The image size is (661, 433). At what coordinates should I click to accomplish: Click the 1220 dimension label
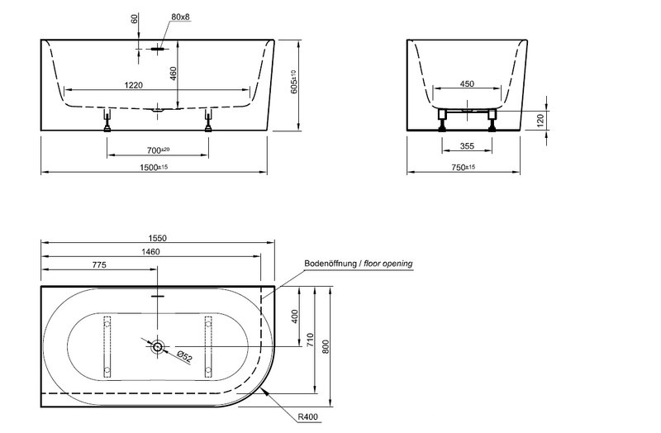(x=133, y=85)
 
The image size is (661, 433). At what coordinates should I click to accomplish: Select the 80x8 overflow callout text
(x=180, y=17)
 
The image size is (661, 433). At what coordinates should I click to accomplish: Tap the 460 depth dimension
(x=173, y=74)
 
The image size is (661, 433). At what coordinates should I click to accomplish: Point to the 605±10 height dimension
(x=295, y=81)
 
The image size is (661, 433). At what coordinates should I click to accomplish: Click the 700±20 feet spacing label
(x=158, y=150)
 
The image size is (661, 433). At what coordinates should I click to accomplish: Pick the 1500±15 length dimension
(x=154, y=168)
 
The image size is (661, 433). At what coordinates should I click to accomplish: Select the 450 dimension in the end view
(x=467, y=84)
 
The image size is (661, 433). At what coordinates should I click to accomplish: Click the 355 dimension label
(x=467, y=146)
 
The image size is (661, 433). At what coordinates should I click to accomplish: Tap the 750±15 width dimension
(x=464, y=168)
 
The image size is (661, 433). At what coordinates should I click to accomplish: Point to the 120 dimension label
(x=540, y=120)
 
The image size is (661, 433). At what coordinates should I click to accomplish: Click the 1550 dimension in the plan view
(x=158, y=238)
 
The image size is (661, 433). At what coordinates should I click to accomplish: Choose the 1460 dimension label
(x=150, y=252)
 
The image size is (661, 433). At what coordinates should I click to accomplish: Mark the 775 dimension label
(x=99, y=264)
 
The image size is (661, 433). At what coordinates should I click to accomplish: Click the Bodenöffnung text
(x=330, y=264)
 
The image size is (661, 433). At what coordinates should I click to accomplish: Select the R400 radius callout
(x=307, y=417)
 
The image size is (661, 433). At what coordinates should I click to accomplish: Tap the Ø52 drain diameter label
(x=184, y=356)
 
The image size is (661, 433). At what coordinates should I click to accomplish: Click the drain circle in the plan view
(x=158, y=346)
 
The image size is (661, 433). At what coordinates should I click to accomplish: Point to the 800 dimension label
(x=325, y=346)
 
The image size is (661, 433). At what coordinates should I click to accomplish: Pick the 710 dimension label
(x=310, y=340)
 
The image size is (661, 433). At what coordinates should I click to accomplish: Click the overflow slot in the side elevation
(x=157, y=49)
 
